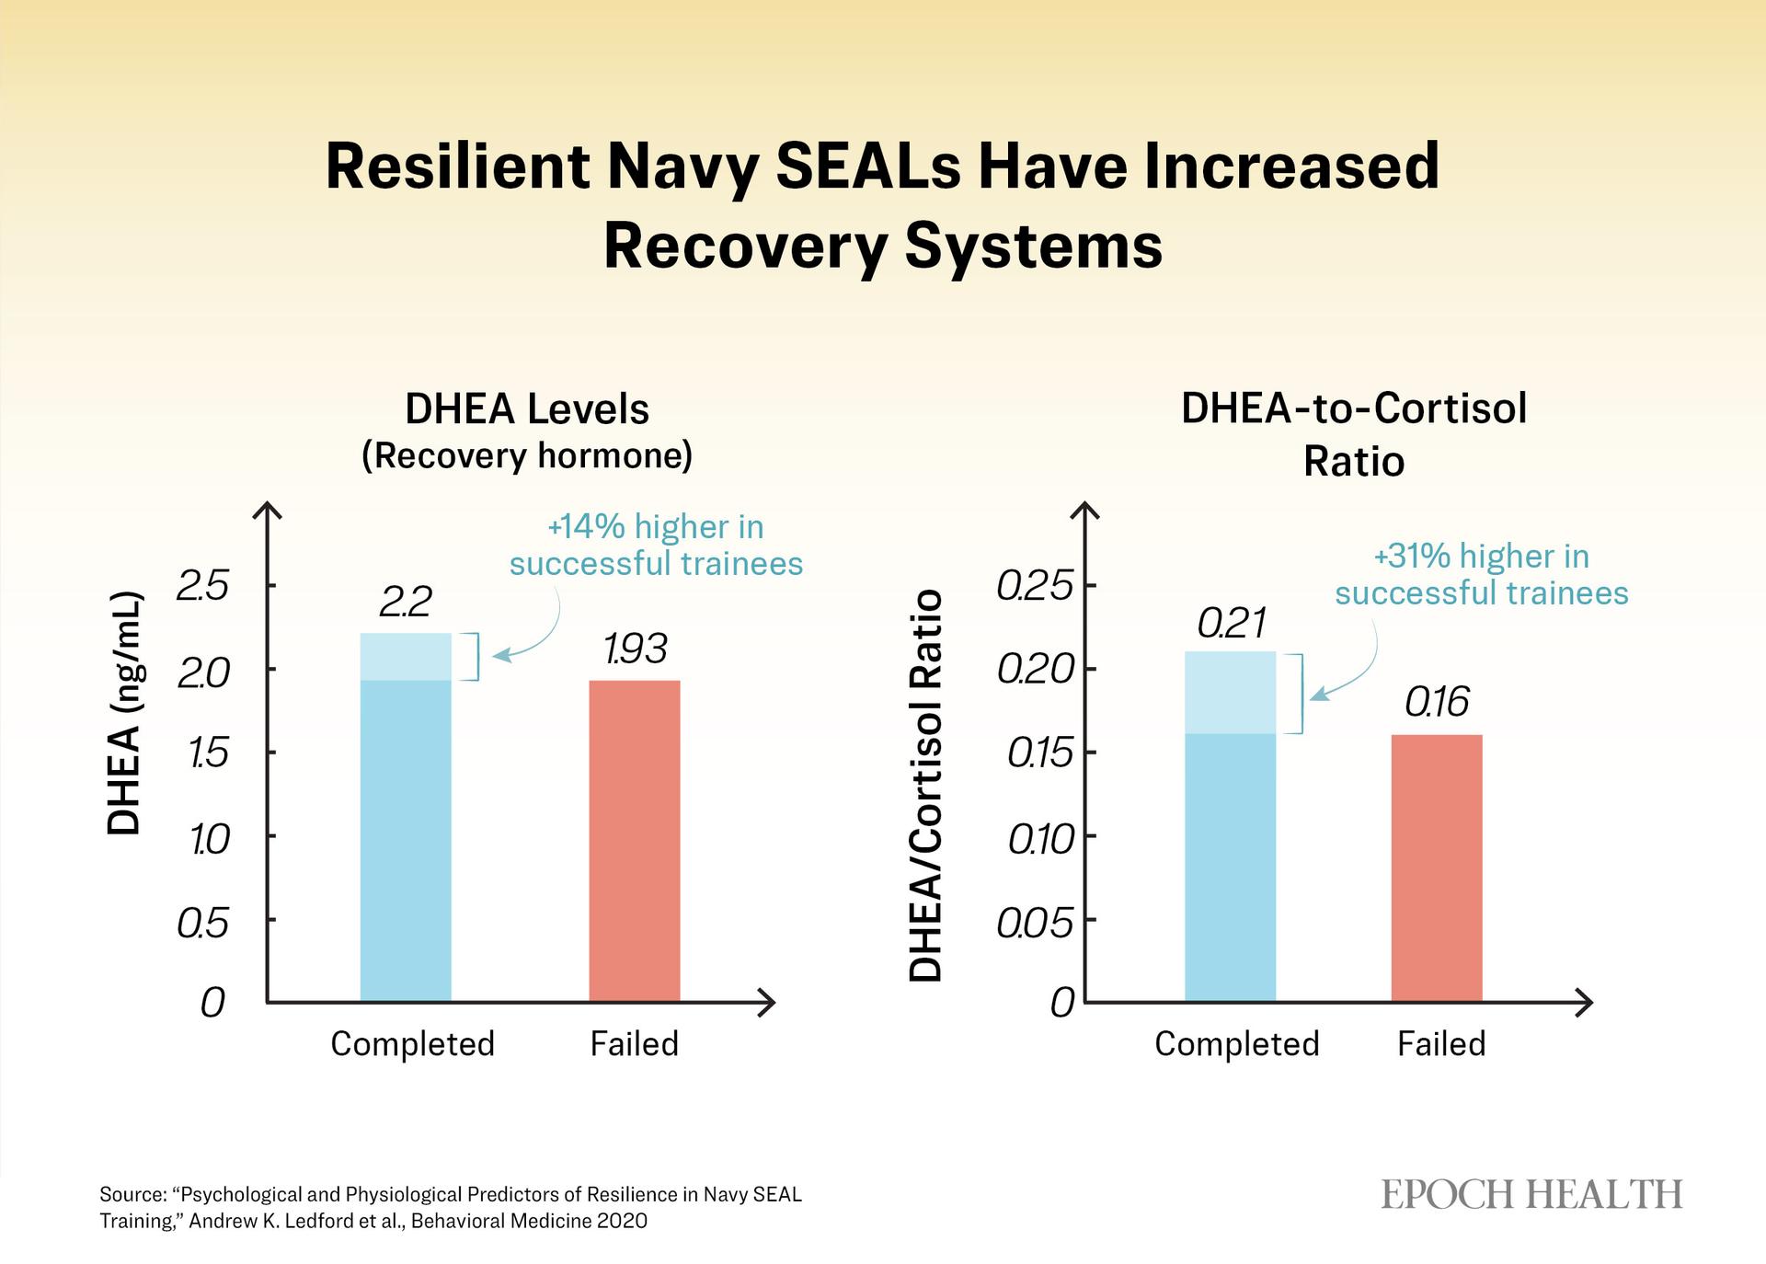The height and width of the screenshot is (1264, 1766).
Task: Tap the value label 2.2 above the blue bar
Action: [405, 603]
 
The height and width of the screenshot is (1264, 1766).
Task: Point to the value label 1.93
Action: [635, 649]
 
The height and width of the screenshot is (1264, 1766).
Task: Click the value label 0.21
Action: [1232, 624]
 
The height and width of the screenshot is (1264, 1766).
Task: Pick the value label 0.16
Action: [1437, 703]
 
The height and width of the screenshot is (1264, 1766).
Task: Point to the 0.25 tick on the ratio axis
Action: [1035, 586]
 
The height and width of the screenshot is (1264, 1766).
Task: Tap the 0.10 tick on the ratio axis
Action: [1040, 839]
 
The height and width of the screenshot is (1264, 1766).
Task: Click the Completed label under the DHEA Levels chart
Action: [412, 1044]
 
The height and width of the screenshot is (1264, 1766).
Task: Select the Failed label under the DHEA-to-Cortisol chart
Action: [1441, 1044]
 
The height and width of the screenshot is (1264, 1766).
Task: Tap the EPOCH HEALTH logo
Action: [1531, 1195]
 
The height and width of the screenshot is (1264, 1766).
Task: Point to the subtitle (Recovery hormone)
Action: [527, 456]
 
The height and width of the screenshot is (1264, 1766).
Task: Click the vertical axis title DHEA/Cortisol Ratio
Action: [925, 787]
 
